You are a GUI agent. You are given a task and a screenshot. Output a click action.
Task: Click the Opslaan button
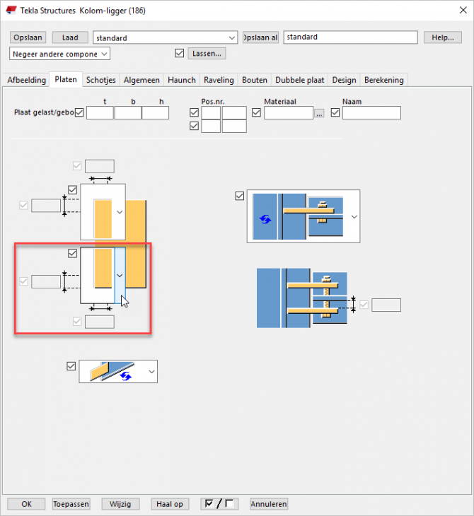(x=28, y=37)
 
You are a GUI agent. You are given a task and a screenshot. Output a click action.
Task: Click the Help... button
(x=442, y=37)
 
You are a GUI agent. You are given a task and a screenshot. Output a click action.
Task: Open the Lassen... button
(x=207, y=53)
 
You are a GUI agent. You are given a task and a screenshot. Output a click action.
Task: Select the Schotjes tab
(x=100, y=80)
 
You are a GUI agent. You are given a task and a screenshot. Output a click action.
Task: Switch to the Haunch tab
(x=182, y=80)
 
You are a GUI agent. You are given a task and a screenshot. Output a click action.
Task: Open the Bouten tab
(x=255, y=80)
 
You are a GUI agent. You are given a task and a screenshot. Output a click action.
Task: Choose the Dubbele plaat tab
(x=300, y=80)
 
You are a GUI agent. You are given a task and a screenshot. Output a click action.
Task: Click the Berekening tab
(x=384, y=80)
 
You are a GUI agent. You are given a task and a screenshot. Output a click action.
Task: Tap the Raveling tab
(x=219, y=80)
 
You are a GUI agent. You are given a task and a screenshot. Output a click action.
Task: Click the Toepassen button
(x=71, y=504)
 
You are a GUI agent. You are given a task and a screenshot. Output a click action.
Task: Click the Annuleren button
(x=269, y=504)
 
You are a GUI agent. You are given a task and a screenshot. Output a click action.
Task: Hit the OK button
(x=26, y=504)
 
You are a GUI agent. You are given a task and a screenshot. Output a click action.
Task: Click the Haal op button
(x=170, y=504)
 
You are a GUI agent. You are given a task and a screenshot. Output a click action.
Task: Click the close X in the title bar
(x=463, y=10)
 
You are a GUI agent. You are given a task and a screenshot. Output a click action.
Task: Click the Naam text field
(x=371, y=113)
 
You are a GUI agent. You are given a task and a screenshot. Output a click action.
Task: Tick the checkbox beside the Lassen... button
(x=180, y=53)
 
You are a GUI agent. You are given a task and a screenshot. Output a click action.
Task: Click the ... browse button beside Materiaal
(x=319, y=114)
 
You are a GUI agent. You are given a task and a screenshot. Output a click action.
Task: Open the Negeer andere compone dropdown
(x=59, y=54)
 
